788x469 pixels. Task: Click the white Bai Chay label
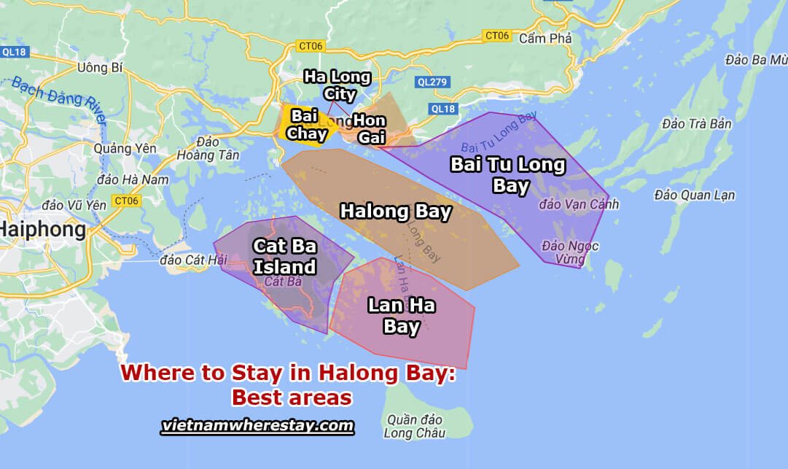306,125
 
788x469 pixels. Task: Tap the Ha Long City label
338,85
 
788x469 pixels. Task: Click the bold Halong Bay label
397,212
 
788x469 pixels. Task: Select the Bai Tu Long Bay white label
508,175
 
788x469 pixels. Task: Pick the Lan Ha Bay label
401,315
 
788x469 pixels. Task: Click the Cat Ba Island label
284,256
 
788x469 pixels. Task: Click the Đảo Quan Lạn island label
695,195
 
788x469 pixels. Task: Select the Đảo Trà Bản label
697,124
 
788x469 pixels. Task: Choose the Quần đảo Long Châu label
411,426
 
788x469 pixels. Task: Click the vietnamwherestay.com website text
257,425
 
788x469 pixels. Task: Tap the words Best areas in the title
292,398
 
